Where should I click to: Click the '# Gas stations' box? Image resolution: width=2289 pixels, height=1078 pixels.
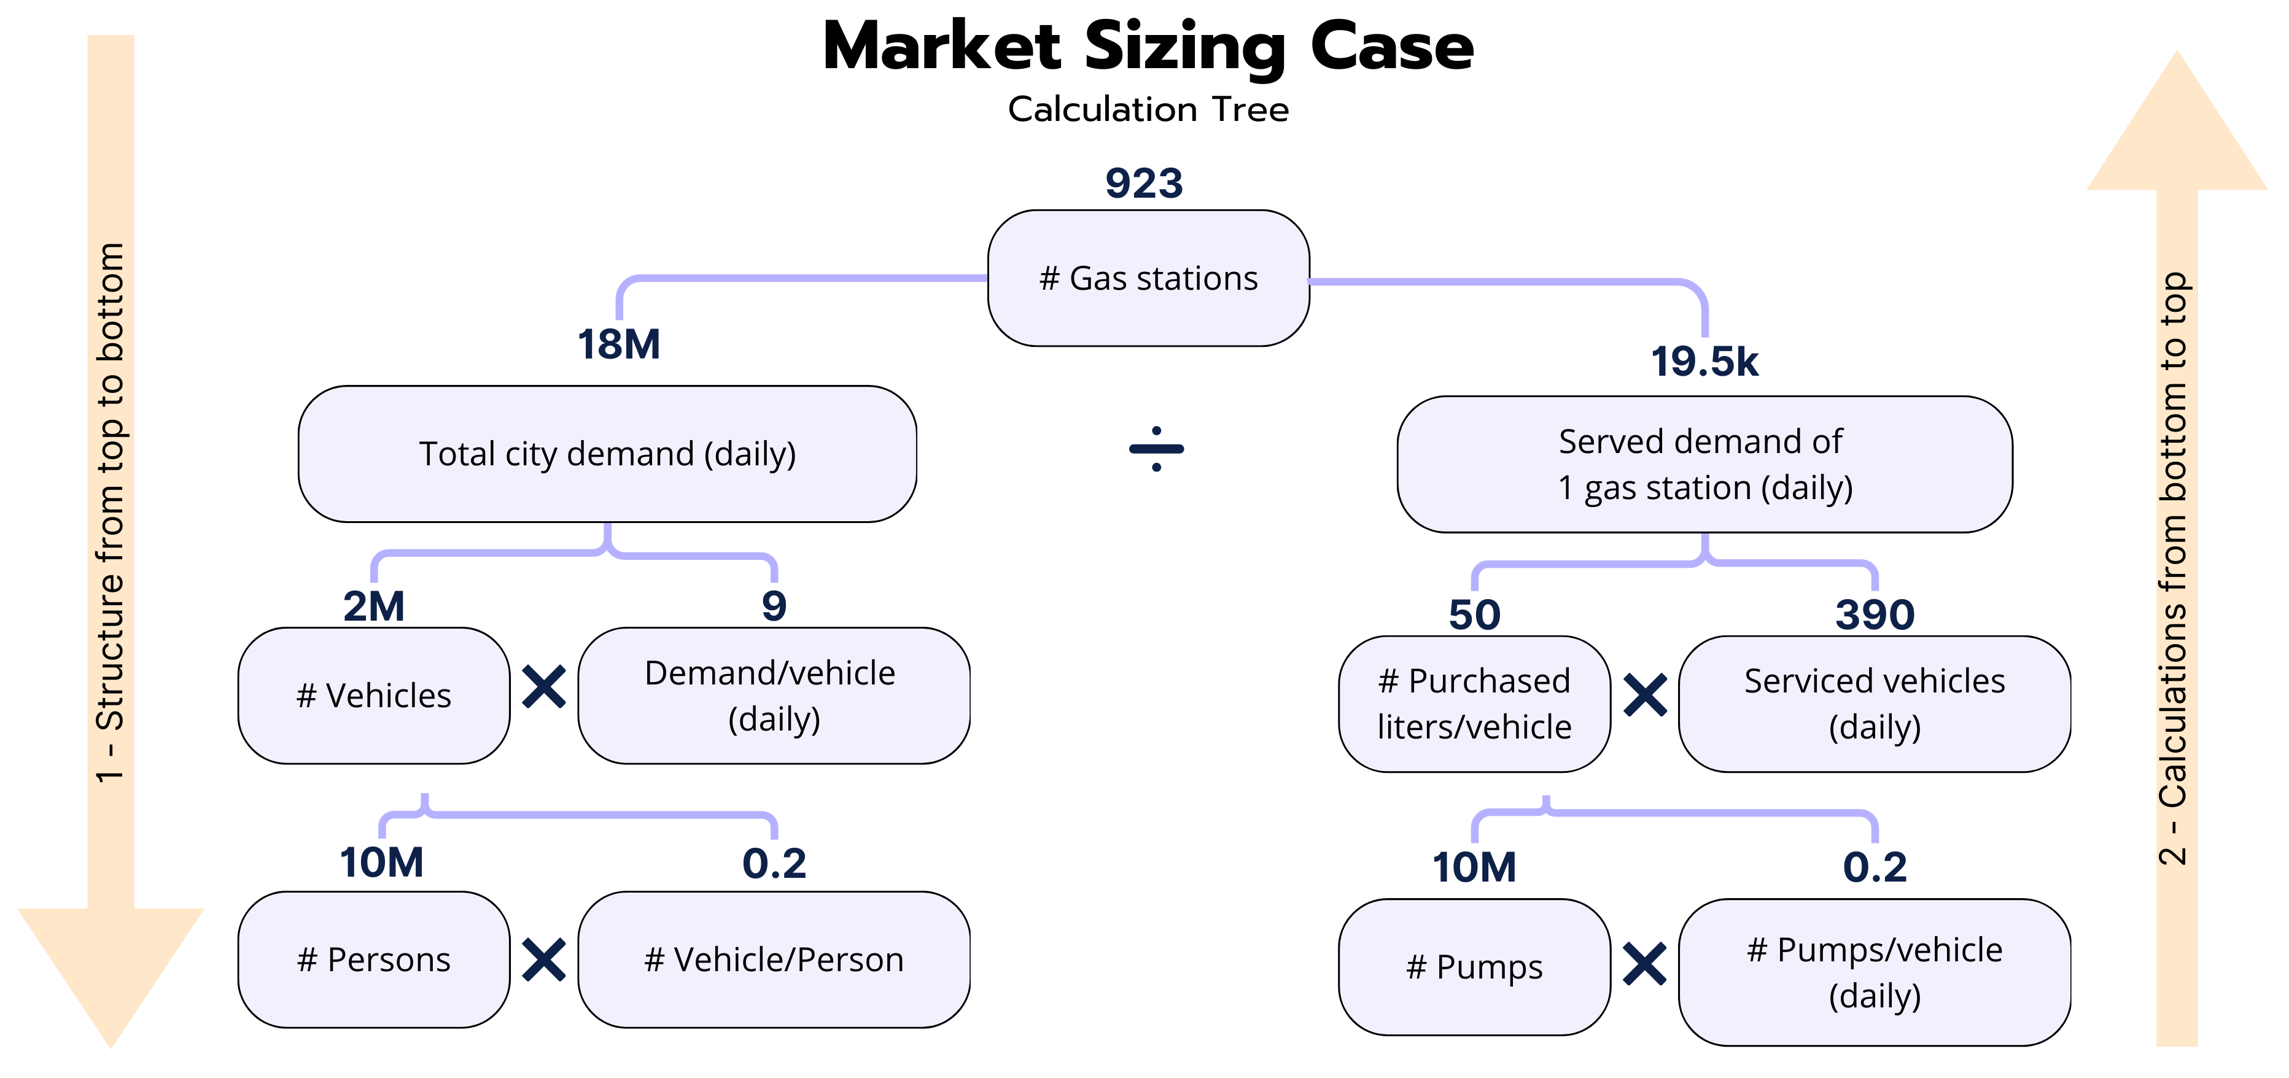click(x=1148, y=278)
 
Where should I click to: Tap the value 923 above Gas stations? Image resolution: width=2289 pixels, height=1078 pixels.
click(x=1144, y=183)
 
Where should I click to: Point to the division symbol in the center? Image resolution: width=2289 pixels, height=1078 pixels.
click(x=1156, y=449)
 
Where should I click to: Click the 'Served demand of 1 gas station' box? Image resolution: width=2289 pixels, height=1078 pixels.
click(x=1704, y=464)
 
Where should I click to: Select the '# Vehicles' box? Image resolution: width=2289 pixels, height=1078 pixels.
click(x=373, y=695)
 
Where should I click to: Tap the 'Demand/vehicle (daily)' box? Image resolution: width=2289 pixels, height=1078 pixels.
click(x=773, y=695)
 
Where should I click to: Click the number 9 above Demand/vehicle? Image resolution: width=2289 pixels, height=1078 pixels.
click(x=774, y=606)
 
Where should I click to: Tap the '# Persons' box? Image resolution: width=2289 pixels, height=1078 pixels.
click(x=373, y=959)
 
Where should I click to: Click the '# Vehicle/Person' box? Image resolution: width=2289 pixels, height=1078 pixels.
click(x=773, y=959)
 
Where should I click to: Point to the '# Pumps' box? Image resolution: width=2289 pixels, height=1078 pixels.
click(x=1474, y=966)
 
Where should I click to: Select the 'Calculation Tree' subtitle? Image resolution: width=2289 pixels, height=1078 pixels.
click(x=1148, y=109)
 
